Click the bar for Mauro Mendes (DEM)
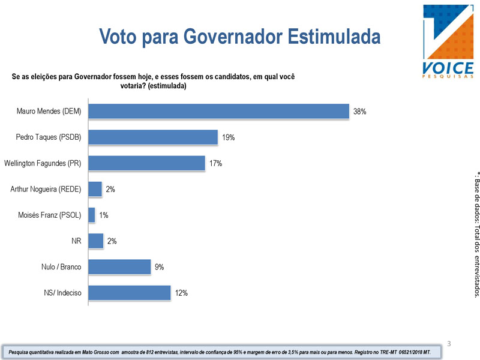(218, 112)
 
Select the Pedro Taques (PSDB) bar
(153, 137)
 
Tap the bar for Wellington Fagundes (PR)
(147, 163)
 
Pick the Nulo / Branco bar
(119, 267)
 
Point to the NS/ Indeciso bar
(130, 293)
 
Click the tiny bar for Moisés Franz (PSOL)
(92, 215)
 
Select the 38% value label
(360, 112)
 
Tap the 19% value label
(228, 137)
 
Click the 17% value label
(216, 163)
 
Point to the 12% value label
(181, 293)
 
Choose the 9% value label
(159, 267)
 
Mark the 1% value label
(104, 215)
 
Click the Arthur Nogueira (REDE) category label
(46, 190)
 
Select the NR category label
(76, 241)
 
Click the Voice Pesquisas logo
(448, 41)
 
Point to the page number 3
(448, 344)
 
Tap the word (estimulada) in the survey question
(167, 86)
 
